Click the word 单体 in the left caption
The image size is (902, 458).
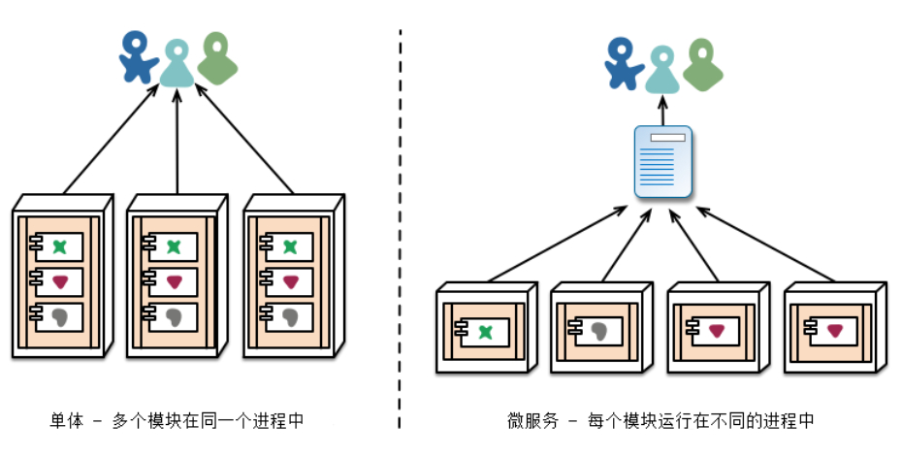(67, 420)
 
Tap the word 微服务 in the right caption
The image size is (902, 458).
(532, 420)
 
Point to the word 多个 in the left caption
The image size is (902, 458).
(129, 420)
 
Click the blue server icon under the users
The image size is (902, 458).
(662, 162)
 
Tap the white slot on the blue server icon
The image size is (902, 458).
(668, 138)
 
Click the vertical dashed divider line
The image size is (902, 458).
(400, 229)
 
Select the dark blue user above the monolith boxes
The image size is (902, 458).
(138, 57)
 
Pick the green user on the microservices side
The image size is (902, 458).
(702, 64)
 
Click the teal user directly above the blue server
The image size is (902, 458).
(662, 70)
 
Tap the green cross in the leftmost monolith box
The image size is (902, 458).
(59, 246)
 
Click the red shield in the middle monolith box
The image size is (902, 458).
(175, 282)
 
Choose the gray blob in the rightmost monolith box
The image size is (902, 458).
(290, 317)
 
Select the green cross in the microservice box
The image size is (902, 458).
(486, 332)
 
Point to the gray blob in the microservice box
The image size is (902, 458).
(599, 331)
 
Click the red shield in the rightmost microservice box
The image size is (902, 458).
(835, 331)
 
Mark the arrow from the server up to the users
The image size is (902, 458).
(662, 111)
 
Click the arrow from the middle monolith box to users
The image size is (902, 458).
(177, 141)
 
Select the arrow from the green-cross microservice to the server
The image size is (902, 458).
(558, 244)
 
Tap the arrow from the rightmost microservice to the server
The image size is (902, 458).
(765, 244)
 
